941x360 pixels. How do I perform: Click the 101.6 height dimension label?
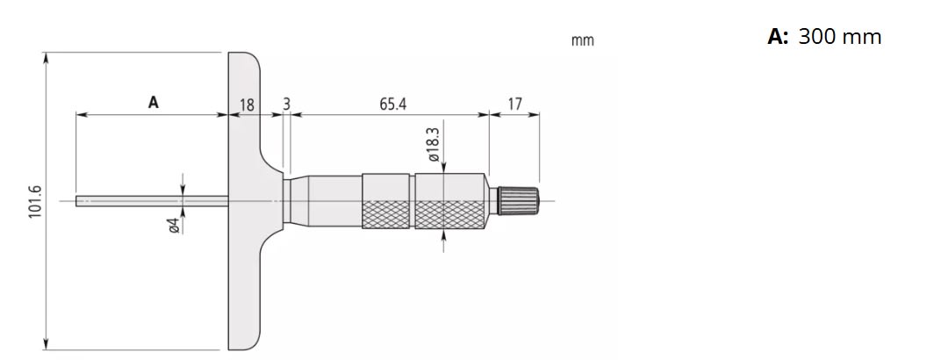click(x=36, y=202)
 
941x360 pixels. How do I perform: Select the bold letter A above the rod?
click(x=153, y=103)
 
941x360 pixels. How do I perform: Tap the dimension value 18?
click(x=247, y=104)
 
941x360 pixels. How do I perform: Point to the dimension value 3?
click(x=286, y=104)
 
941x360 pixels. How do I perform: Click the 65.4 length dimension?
click(x=392, y=104)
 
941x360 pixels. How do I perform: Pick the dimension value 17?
click(x=514, y=104)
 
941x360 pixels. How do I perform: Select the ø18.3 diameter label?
click(x=434, y=147)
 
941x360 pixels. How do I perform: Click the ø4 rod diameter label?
click(x=173, y=226)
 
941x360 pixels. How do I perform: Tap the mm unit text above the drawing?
click(x=582, y=40)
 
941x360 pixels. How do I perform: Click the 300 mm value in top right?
click(x=839, y=37)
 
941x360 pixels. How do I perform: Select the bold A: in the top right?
click(x=778, y=37)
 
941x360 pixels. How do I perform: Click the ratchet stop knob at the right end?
click(x=520, y=200)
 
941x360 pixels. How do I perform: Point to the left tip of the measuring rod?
click(x=79, y=201)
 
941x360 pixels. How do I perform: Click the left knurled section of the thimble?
click(x=386, y=201)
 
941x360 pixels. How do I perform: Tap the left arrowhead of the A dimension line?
click(x=80, y=114)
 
